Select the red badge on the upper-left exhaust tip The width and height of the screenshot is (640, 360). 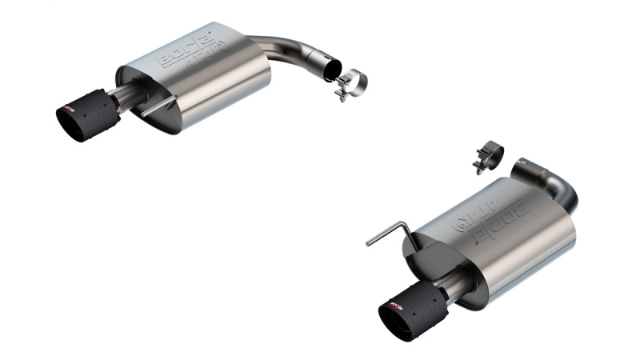point(73,107)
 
